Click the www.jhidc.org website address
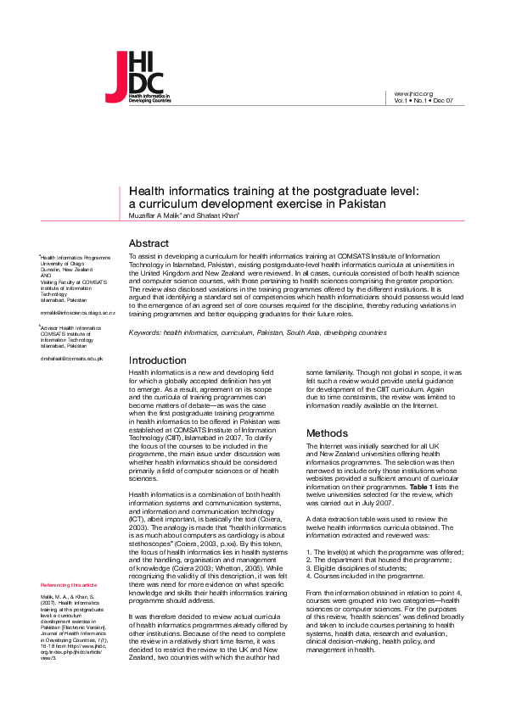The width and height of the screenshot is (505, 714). [x=414, y=93]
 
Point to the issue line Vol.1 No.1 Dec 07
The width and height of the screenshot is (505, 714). [x=424, y=100]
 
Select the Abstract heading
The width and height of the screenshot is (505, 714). [x=149, y=243]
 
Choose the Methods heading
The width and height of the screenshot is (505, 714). [x=327, y=432]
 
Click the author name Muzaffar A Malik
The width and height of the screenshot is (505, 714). [x=159, y=215]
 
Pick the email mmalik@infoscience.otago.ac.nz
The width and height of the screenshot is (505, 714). [x=73, y=313]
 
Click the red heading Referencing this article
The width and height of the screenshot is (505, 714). [x=69, y=585]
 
